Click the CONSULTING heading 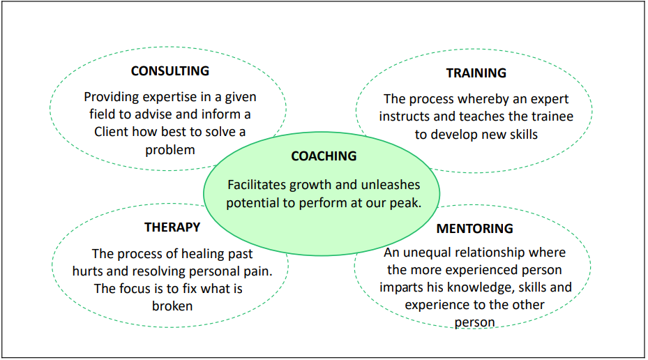tap(170, 71)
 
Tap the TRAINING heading tap(476, 73)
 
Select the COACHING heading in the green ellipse tap(324, 156)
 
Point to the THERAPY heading tap(172, 227)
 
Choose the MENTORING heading tap(475, 229)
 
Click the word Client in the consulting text tap(111, 132)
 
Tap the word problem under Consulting tap(170, 150)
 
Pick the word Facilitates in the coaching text tap(257, 185)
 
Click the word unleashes tap(391, 185)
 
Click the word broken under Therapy tap(172, 306)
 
